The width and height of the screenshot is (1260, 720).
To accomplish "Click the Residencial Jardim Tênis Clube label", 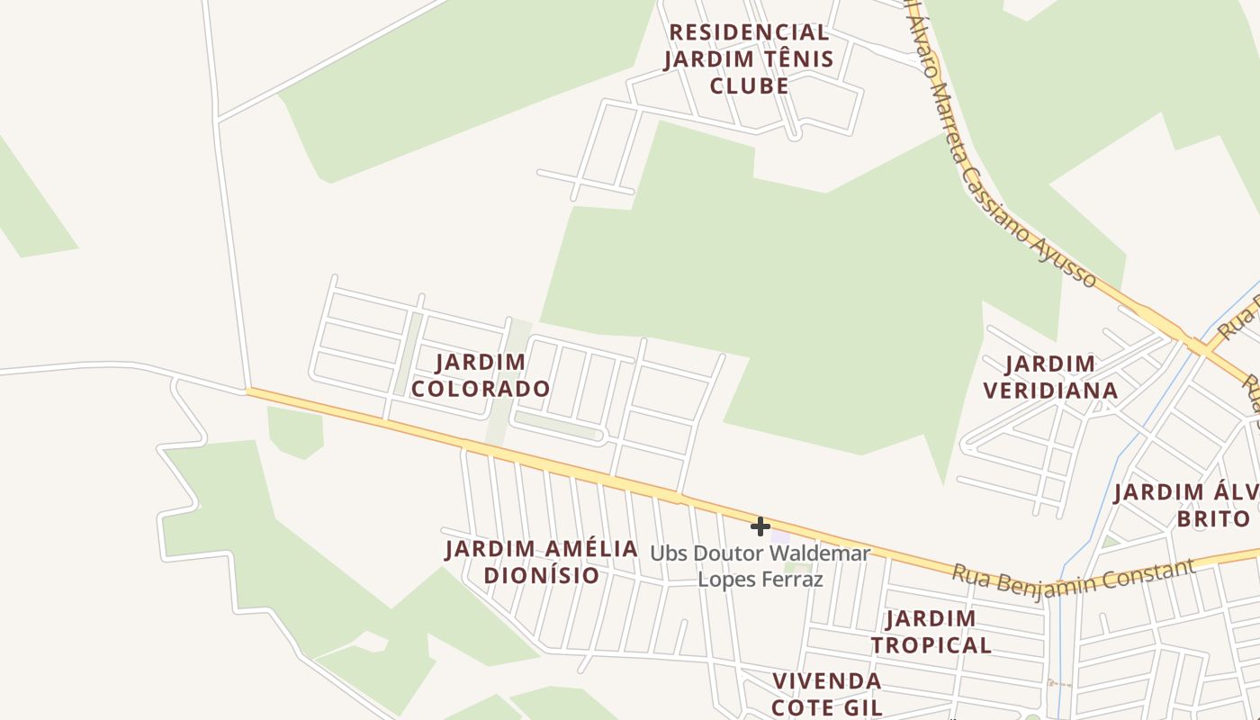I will tap(749, 58).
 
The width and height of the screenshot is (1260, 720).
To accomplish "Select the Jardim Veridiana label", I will tap(1050, 377).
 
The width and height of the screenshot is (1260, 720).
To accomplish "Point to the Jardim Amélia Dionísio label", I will tap(542, 562).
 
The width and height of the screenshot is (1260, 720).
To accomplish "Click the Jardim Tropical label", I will tap(931, 632).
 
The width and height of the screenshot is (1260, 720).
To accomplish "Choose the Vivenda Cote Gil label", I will tap(826, 693).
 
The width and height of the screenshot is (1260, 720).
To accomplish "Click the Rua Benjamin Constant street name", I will tap(1073, 576).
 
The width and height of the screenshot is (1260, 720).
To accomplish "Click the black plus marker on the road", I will tap(760, 526).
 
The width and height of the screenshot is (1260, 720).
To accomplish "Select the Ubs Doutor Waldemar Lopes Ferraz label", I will tap(760, 566).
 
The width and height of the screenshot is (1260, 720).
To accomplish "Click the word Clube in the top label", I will tap(749, 85).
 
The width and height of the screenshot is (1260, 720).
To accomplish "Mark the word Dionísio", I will tap(542, 575).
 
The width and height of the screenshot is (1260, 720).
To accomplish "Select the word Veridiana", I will tap(1050, 391).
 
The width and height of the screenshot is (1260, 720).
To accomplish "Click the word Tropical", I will tap(931, 645).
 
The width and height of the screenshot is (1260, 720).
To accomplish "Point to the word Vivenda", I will tap(826, 680).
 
